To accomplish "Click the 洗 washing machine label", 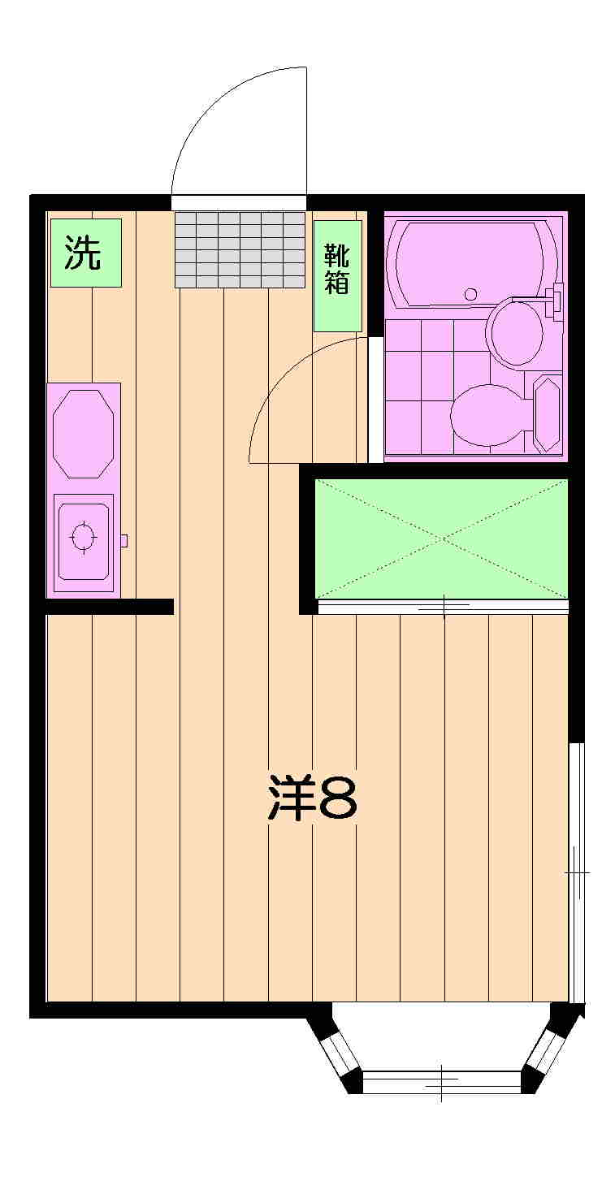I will coord(85,253).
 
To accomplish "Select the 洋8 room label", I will coord(313,799).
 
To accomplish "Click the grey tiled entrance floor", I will coord(240,249).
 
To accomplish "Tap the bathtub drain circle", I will coord(470,293).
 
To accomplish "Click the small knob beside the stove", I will coord(123,540).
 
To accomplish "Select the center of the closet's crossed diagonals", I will coord(441,538).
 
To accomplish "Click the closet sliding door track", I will coord(443,606).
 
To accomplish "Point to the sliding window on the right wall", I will coord(576,872).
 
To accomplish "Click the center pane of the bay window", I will coord(441,1082).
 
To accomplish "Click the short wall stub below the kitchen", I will coord(110,607).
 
